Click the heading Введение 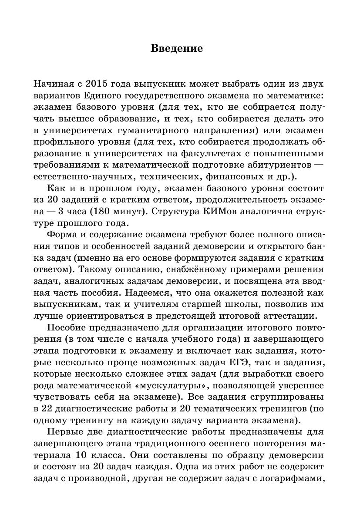coord(176,48)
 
